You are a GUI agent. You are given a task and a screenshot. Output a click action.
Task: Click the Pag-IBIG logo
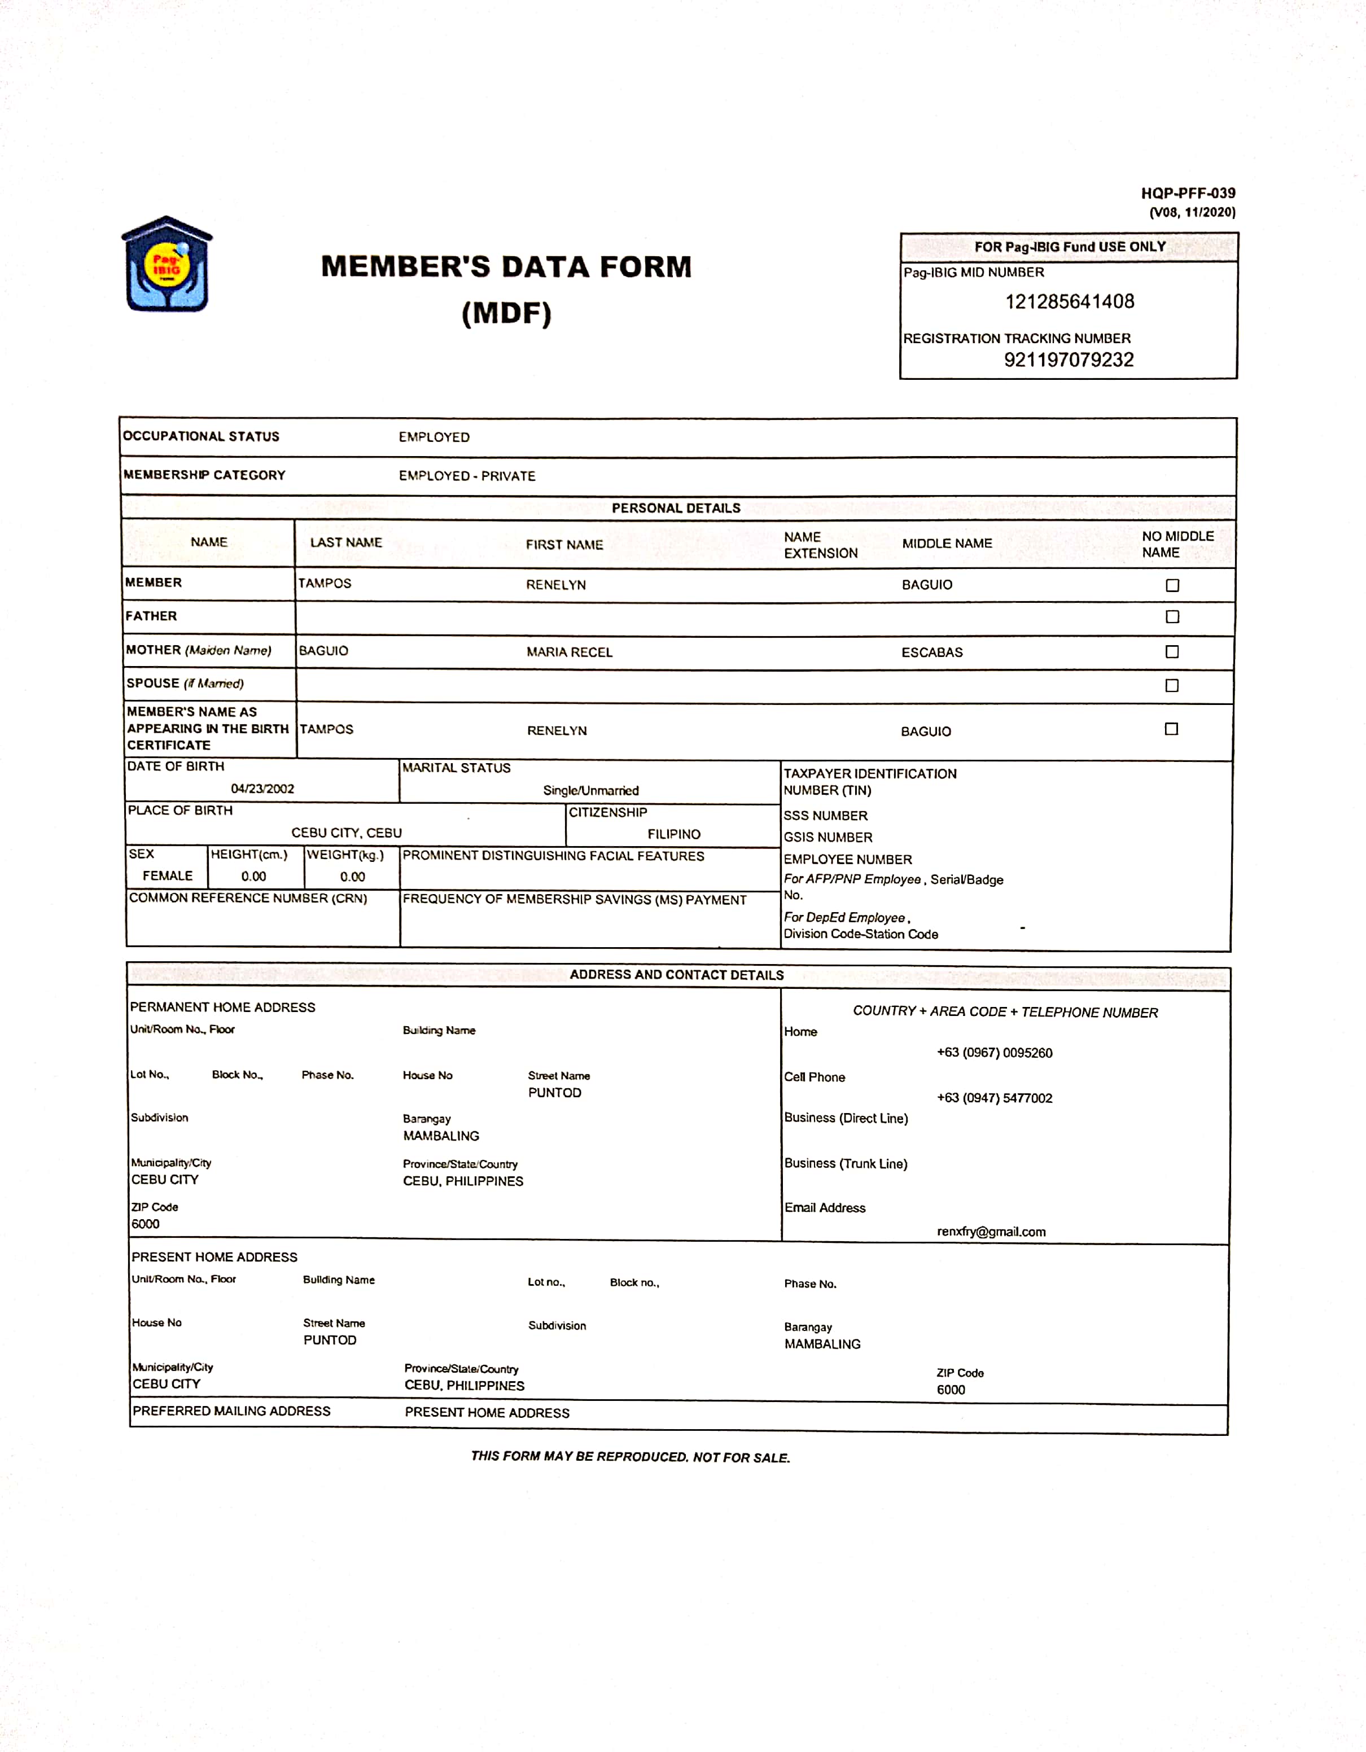click(x=167, y=264)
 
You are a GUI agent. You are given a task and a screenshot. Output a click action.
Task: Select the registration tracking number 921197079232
click(x=1069, y=360)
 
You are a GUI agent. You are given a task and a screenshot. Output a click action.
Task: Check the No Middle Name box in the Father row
click(x=1172, y=617)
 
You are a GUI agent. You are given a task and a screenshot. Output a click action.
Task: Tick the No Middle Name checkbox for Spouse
click(x=1172, y=686)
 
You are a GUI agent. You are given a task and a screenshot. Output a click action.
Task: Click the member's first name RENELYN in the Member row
click(x=556, y=585)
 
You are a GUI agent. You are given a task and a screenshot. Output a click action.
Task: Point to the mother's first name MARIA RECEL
click(x=569, y=652)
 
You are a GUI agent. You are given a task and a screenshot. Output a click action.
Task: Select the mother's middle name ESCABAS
click(x=931, y=652)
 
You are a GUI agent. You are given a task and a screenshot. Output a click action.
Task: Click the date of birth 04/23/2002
click(x=262, y=789)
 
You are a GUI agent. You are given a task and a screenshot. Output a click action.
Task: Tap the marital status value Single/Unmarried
click(x=590, y=790)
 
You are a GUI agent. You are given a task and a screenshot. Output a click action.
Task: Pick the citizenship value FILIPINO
click(x=674, y=834)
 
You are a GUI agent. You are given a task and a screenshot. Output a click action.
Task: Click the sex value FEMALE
click(x=168, y=876)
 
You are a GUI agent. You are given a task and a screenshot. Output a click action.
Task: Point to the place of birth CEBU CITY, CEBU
click(x=347, y=833)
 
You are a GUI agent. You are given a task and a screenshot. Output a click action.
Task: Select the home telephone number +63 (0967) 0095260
click(x=994, y=1053)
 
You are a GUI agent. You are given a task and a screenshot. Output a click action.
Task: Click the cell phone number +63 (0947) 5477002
click(x=994, y=1098)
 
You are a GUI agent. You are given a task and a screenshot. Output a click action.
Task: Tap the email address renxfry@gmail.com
click(x=991, y=1232)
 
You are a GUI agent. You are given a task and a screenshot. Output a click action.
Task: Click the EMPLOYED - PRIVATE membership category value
click(x=467, y=476)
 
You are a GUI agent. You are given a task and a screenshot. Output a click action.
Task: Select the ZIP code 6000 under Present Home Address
click(x=951, y=1390)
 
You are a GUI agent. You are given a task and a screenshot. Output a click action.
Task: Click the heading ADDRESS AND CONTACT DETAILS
click(x=676, y=975)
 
